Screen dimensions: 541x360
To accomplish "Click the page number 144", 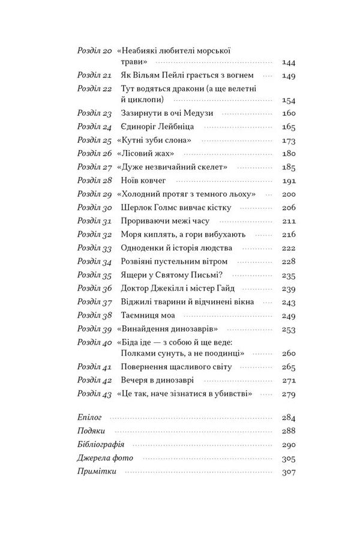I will [x=288, y=62].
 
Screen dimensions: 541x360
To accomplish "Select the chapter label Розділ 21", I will [x=95, y=76].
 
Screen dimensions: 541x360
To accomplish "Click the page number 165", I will [x=288, y=127].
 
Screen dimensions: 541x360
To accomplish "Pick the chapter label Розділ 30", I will [x=95, y=207].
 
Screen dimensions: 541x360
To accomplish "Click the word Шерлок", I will [x=135, y=207].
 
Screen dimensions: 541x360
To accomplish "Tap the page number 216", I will [x=288, y=234].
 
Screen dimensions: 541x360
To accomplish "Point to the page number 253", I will [x=288, y=329].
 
